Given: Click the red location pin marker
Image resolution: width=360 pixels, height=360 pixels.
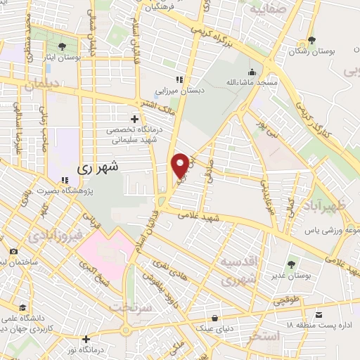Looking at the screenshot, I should [180, 165].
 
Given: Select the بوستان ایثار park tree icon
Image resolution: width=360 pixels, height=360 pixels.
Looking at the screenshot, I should [63, 46].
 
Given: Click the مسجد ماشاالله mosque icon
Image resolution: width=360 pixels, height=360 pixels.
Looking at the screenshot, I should [251, 72].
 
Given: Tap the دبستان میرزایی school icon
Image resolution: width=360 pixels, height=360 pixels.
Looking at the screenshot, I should [179, 79].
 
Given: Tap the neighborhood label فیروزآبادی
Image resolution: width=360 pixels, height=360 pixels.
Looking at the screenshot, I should [56, 234].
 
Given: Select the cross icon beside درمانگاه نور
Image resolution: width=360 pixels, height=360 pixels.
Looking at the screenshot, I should [86, 339].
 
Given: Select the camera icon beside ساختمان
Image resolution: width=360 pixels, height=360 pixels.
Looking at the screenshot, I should [13, 251].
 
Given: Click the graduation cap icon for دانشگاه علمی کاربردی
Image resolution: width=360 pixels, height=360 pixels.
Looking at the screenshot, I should [23, 307].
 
